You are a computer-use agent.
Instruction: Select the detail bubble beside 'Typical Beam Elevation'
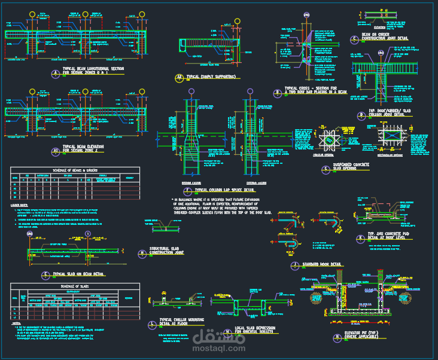click(x=55, y=150)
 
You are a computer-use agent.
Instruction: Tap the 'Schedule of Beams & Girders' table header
click(x=75, y=170)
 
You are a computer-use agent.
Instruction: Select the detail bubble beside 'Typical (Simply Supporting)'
click(x=178, y=77)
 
